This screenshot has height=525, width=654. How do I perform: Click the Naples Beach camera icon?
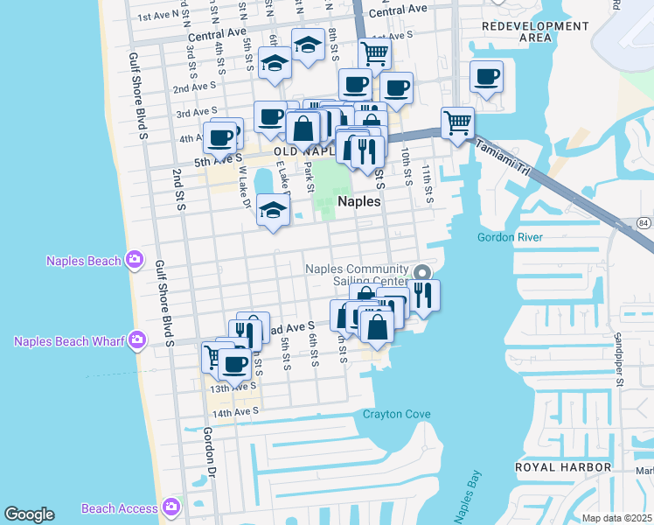135,259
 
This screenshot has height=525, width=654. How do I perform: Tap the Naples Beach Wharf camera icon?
136,339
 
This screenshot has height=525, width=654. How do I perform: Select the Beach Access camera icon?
170,507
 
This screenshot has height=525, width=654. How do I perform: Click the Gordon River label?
511,237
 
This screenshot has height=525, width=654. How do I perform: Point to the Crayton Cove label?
398,414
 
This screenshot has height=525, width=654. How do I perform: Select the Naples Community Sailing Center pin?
422,272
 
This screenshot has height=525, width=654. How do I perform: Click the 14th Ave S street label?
235,412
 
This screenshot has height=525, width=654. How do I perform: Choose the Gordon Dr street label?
210,447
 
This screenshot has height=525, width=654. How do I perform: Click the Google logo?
29,514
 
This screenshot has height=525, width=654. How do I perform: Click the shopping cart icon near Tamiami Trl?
457,122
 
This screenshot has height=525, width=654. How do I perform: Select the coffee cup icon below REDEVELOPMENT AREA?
486,76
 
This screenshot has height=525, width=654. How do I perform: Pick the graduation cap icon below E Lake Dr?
274,210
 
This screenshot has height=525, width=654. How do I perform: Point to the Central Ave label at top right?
398,10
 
